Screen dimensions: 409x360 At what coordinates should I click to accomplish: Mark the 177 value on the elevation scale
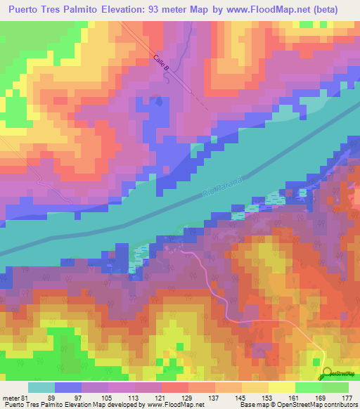(x=346, y=398)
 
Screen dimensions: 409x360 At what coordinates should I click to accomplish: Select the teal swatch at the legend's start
(x=41, y=387)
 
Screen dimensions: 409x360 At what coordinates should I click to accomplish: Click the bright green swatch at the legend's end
(x=335, y=387)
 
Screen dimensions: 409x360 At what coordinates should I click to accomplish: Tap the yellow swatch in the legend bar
(x=282, y=387)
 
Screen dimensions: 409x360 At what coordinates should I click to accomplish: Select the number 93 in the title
(x=162, y=9)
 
